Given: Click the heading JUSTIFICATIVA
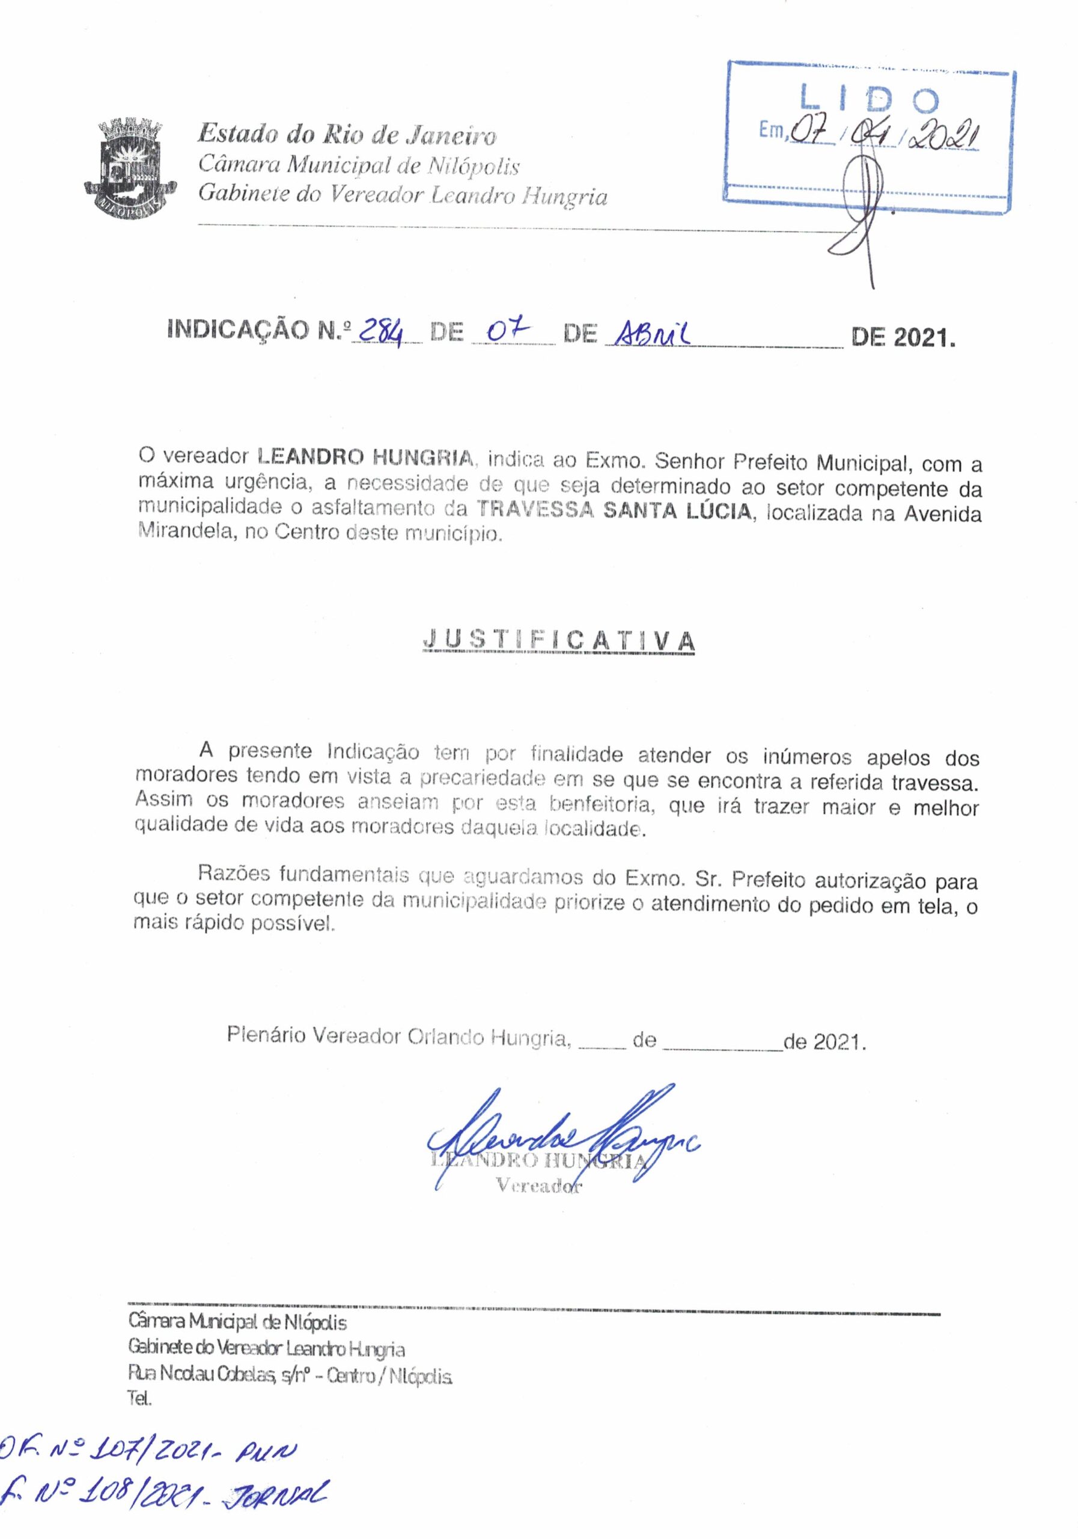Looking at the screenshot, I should coord(559,641).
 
